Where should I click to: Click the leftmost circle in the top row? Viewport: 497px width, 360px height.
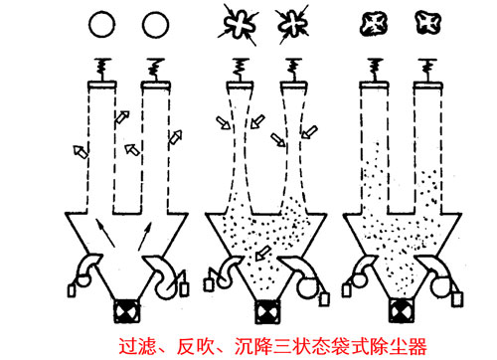(100, 23)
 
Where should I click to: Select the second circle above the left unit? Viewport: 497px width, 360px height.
(153, 23)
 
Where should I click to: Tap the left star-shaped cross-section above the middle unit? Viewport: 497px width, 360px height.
(238, 22)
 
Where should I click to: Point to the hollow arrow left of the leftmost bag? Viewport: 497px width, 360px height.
(76, 150)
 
